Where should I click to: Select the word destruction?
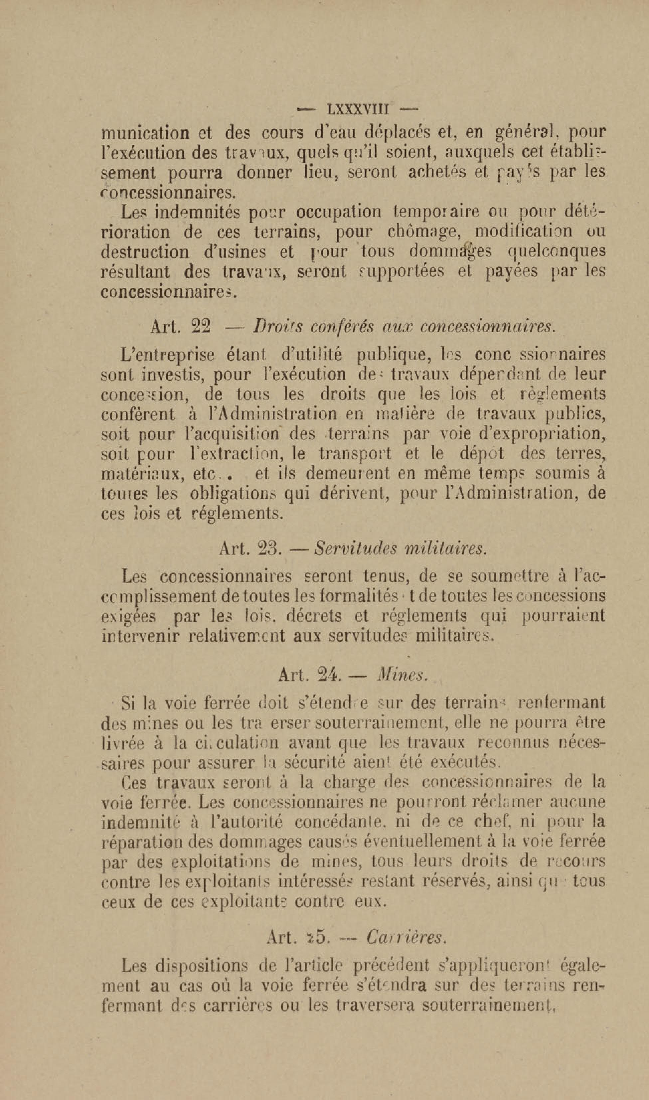coord(145,252)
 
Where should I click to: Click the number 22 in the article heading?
coord(201,327)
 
